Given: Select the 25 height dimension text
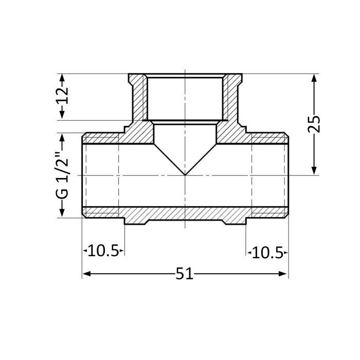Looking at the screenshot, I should [x=314, y=124].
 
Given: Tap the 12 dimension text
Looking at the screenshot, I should [x=62, y=96].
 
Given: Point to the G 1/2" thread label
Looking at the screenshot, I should [x=62, y=175].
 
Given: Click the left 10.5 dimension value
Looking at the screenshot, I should [x=103, y=252].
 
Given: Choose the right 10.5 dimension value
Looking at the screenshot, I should [x=267, y=252].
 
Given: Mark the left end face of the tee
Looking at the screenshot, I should [x=83, y=175].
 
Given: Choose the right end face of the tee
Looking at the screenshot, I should [x=288, y=175].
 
